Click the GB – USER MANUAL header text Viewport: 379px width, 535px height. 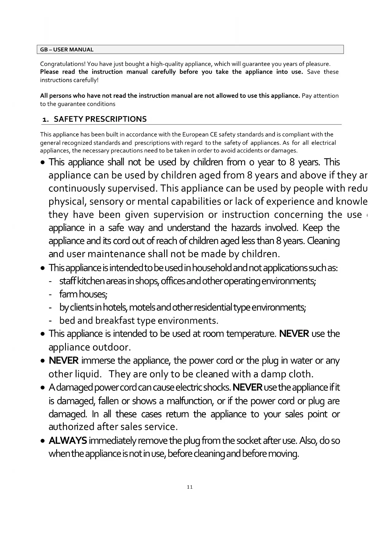coord(67,50)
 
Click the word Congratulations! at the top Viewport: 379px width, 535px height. coord(63,64)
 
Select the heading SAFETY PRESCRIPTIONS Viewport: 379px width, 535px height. coord(100,119)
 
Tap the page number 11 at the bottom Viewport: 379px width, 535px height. coord(190,487)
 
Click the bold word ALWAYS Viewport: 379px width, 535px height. coord(68,441)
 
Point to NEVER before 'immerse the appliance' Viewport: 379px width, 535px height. coord(64,361)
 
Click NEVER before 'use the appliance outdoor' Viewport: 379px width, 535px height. coord(294,334)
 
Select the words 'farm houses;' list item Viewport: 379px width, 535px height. coord(83,294)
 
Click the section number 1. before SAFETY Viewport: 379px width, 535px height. coord(46,120)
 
